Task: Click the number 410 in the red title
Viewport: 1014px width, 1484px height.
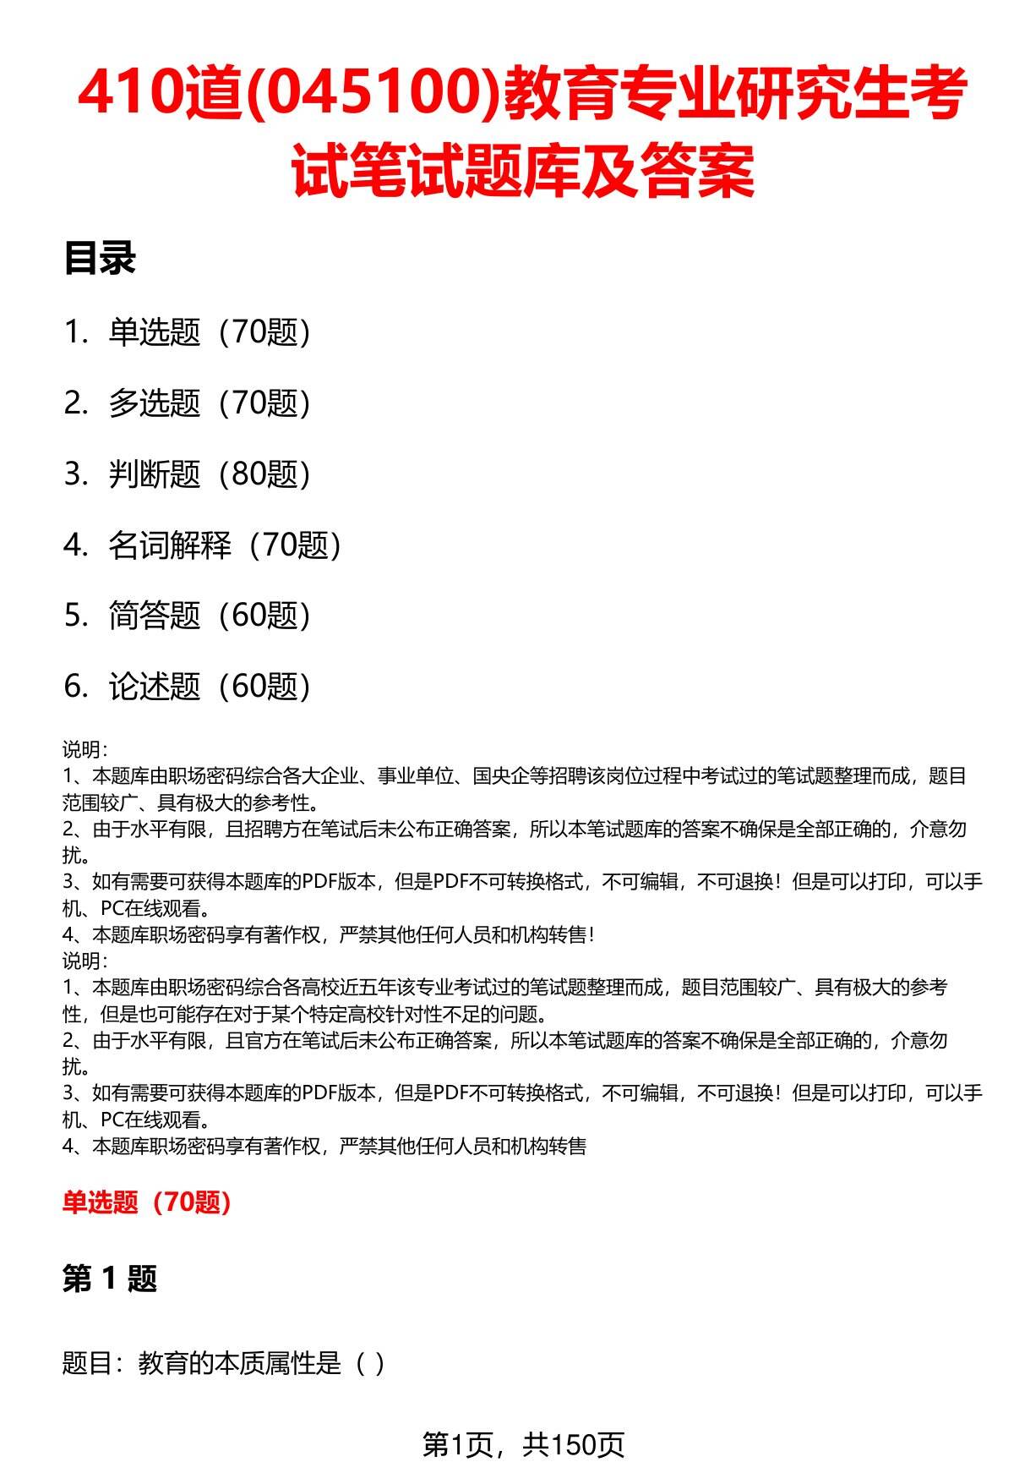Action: click(x=128, y=95)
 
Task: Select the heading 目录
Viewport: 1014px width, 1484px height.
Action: click(x=99, y=259)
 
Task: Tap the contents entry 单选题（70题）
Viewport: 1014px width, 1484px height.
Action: click(x=209, y=332)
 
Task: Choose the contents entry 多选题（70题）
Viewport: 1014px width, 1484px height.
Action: click(x=209, y=403)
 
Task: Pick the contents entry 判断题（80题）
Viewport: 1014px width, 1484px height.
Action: click(x=209, y=474)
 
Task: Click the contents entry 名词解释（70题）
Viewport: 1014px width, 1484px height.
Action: click(x=225, y=545)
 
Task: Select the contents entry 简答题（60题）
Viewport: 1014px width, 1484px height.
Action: click(x=209, y=616)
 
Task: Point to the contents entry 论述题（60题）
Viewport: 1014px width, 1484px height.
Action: click(x=209, y=687)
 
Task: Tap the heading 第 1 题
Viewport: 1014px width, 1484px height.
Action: click(x=110, y=1279)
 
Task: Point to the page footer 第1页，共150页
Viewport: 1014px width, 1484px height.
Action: click(x=523, y=1444)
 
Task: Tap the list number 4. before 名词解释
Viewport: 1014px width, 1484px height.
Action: click(x=76, y=545)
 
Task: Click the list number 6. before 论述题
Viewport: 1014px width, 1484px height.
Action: click(x=76, y=687)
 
